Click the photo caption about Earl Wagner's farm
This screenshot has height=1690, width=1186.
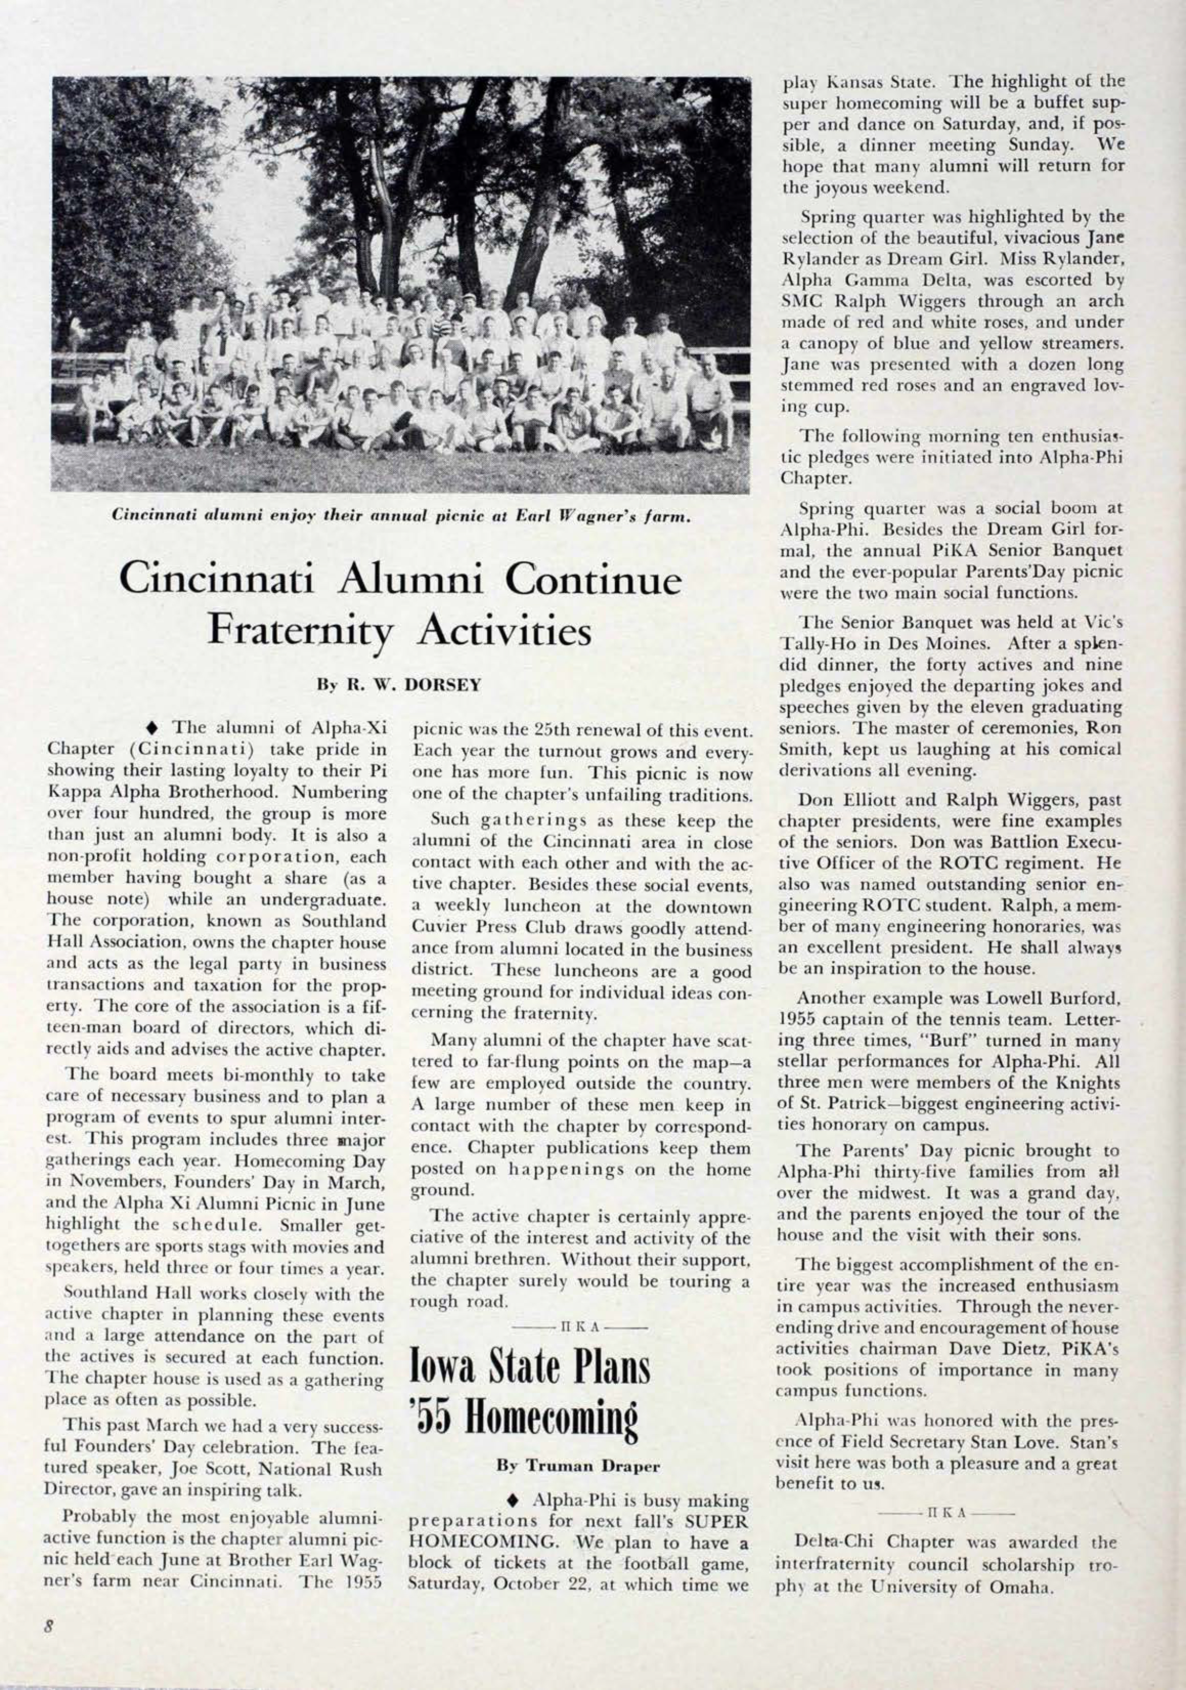pos(400,516)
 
